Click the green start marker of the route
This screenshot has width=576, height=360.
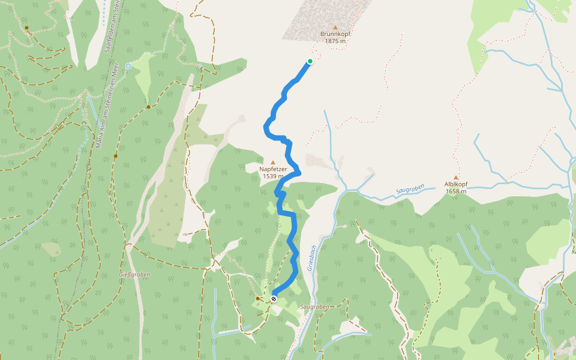coord(310,61)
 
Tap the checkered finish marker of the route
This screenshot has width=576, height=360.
coord(274,298)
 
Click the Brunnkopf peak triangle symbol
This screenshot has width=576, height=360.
coord(335,27)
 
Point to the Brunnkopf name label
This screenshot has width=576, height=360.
coord(335,34)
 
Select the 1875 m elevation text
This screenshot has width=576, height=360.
coord(335,41)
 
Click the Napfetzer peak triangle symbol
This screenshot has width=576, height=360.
coord(273,162)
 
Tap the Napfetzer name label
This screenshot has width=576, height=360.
coord(273,169)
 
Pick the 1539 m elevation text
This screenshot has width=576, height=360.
coord(273,176)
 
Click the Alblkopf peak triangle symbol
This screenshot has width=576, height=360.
coord(456,178)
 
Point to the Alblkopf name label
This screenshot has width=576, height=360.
coord(456,185)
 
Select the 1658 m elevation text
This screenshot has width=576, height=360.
coord(456,191)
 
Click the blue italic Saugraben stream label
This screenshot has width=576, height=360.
coord(410,189)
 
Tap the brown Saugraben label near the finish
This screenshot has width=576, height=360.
coord(316,307)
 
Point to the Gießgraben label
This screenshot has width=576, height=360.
coord(134,274)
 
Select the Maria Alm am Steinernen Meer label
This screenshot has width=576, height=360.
coord(98,120)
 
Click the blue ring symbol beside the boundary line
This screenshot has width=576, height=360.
coord(128,66)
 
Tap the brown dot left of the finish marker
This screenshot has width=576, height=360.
coord(257,298)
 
